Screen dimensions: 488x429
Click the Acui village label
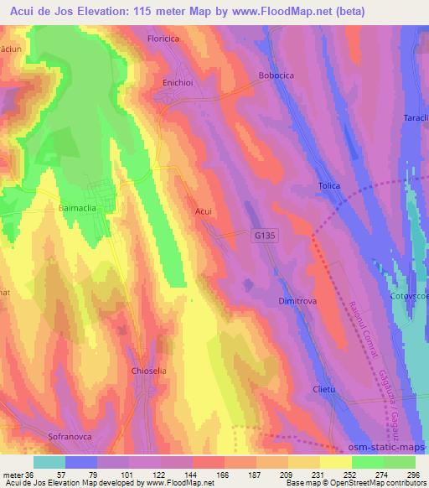pyautogui.click(x=204, y=212)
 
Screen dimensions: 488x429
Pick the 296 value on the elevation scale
pyautogui.click(x=411, y=474)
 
